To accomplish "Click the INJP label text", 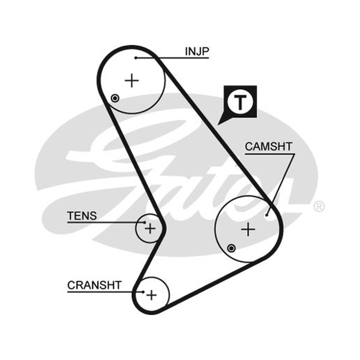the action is pos(197,51).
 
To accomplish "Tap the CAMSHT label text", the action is pos(268,147).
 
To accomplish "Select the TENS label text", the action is pos(82,216).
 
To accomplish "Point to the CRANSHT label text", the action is pos(94,285).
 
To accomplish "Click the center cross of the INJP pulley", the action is pos(132,81).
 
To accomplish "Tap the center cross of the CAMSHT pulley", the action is pos(248,229).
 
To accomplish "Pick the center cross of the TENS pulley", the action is pos(150,229).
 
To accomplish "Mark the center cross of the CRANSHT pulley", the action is pos(151,295).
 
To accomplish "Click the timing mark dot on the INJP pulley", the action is pos(115,99).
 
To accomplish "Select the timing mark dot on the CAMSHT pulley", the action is pos(231,248).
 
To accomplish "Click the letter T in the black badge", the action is pos(240,102).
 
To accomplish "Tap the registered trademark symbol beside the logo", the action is pos(319,206).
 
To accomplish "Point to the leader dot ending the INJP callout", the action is pos(136,58).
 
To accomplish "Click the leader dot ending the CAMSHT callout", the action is pos(266,215).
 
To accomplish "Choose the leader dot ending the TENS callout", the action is pos(144,222).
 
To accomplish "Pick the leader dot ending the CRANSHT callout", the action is pos(143,292).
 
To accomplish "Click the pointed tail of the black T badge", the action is pos(218,125).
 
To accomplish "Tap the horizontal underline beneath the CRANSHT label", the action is pos(105,292).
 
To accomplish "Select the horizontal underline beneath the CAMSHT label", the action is pos(270,154).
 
